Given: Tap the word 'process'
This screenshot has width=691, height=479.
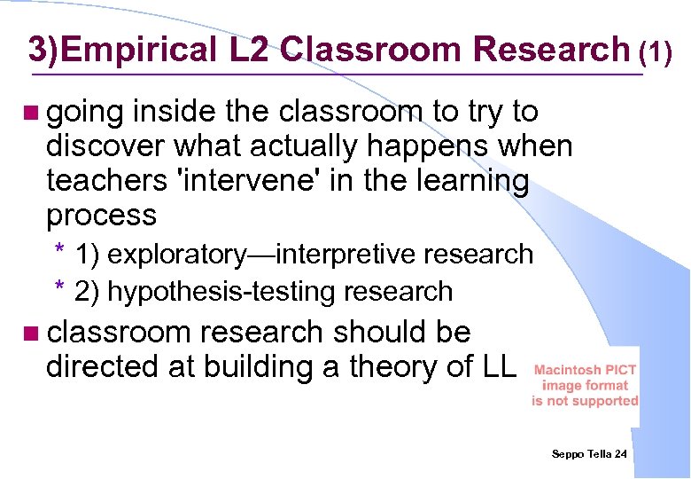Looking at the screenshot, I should pos(101,215).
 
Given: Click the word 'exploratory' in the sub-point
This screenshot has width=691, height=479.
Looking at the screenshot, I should pos(173,255).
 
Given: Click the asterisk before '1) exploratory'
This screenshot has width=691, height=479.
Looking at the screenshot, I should pos(58,251).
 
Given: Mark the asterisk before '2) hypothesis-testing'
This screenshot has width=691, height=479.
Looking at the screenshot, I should pos(58,287).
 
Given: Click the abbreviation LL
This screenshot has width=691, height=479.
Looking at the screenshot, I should pos(494,366).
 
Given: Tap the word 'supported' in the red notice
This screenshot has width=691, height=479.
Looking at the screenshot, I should pos(606,400).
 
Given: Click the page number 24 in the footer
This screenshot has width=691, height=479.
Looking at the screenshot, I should pos(620,454).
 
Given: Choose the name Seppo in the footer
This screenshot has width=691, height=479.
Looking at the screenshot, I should pos(568,454).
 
